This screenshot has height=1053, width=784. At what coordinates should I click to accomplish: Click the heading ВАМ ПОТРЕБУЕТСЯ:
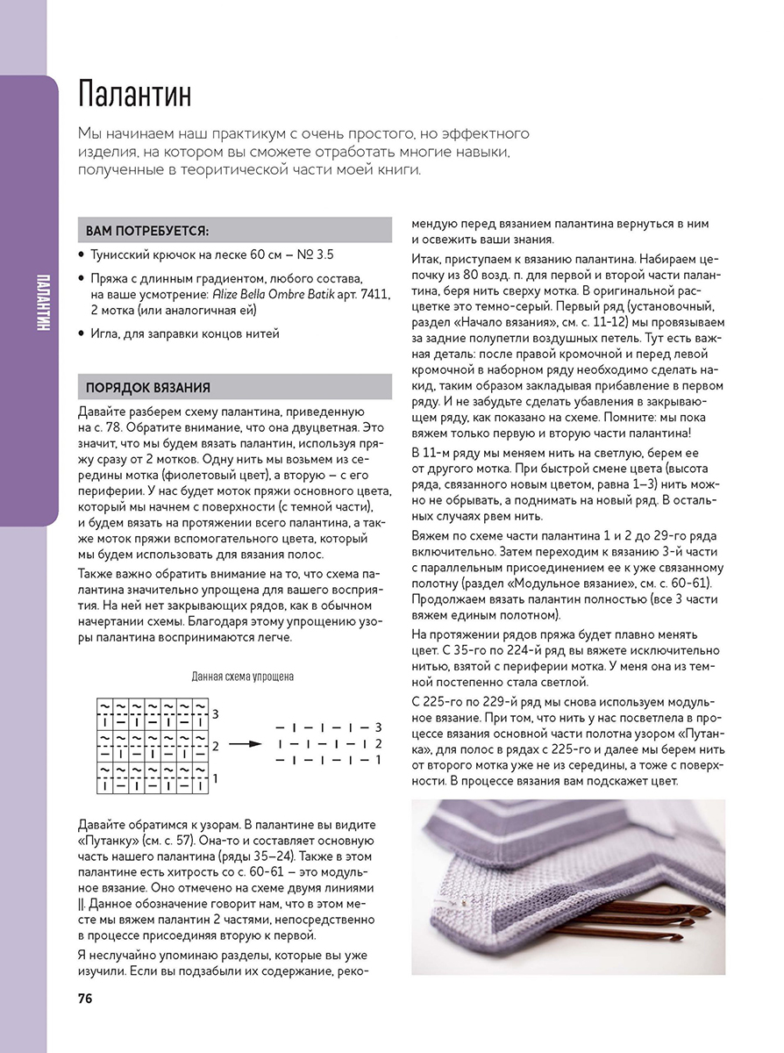pos(147,231)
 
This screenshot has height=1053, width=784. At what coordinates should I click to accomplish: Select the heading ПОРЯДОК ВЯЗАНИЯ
pos(147,387)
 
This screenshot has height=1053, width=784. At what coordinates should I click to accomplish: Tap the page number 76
pos(86,999)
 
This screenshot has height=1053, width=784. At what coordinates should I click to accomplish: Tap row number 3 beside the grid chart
pos(215,713)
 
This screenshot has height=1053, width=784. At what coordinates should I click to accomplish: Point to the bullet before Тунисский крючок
pos(81,254)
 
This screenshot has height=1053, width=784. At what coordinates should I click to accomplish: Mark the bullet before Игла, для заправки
pos(81,333)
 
